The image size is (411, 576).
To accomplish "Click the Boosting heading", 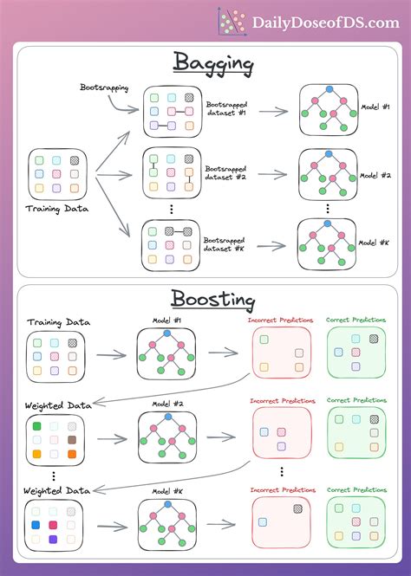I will point(213,301).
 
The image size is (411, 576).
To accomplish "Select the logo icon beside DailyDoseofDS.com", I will point(232,21).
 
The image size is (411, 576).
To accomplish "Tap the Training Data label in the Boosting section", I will point(56,323).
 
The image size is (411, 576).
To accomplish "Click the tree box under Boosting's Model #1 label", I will point(167,355).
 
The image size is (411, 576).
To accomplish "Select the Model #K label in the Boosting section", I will point(166,491).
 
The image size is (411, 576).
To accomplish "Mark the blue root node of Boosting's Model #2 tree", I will point(167,417).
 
